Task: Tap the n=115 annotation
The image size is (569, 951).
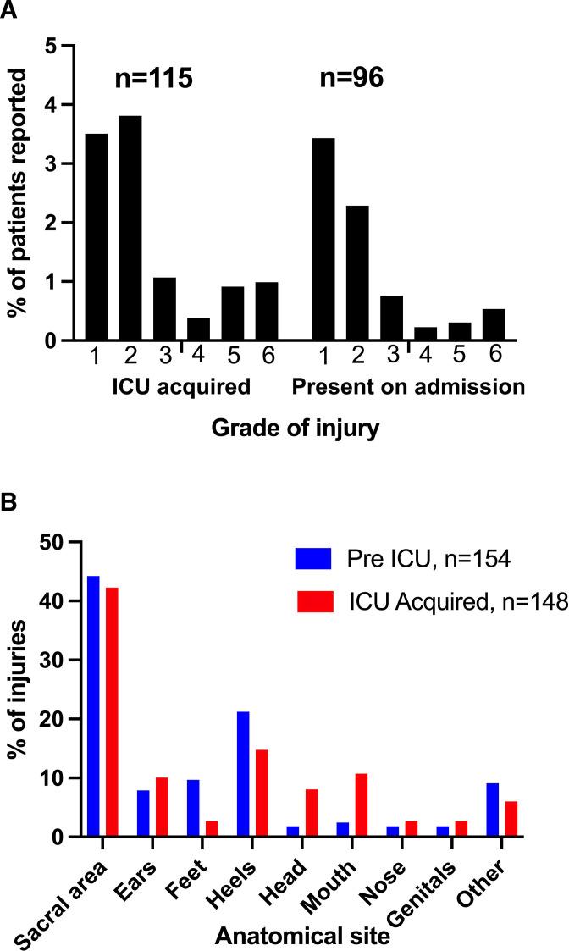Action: (x=154, y=80)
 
